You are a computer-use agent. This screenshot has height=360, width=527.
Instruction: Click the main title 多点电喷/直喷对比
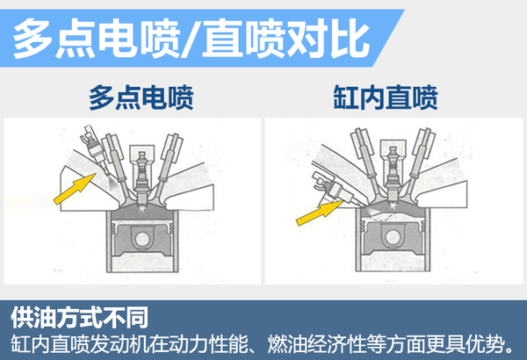(191, 38)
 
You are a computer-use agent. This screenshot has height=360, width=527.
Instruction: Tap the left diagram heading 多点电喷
(141, 97)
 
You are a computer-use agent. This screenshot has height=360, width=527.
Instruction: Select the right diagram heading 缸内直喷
(386, 97)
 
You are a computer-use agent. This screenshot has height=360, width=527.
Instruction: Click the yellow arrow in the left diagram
(75, 189)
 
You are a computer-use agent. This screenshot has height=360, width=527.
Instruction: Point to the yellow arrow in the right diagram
(320, 212)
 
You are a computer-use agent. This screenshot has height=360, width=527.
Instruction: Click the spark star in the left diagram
(143, 209)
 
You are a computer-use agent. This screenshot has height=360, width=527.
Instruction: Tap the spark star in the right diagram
(393, 207)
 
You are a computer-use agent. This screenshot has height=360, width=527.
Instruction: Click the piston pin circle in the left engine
(142, 239)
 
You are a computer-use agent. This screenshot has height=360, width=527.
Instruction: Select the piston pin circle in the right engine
(393, 237)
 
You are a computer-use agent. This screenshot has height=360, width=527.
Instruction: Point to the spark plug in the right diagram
(393, 174)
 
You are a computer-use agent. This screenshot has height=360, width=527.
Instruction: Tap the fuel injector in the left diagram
(95, 150)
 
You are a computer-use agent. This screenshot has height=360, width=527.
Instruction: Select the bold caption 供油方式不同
(79, 317)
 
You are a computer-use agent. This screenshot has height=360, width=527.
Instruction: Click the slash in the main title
(191, 39)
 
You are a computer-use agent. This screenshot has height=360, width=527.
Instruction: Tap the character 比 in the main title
(350, 38)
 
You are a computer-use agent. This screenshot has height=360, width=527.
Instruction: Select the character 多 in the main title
(32, 39)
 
